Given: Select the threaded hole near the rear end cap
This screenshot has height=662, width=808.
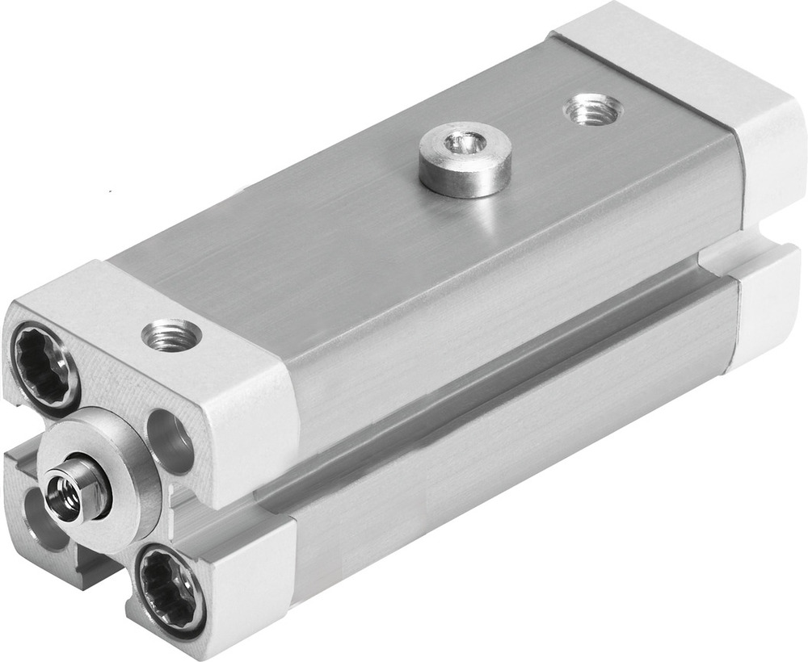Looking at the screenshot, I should [x=591, y=109].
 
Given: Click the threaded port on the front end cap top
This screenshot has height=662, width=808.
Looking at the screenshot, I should [x=171, y=333].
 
